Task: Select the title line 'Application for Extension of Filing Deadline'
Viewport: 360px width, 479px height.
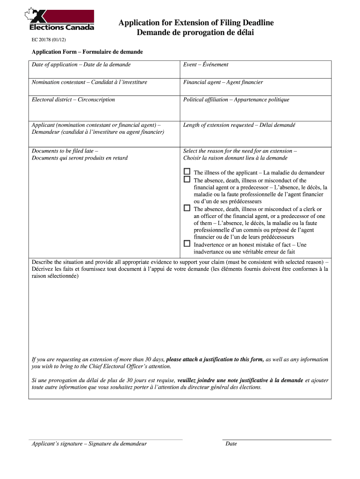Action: tap(196, 23)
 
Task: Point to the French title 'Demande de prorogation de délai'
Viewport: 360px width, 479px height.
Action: tap(195, 32)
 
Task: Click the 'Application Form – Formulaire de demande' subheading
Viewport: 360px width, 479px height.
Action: tap(87, 52)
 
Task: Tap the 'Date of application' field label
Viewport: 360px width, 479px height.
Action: tap(81, 65)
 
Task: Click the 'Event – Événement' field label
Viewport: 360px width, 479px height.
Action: tap(206, 65)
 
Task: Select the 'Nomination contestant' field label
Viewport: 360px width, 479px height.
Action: tap(89, 82)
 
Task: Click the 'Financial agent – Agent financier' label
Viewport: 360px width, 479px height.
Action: tap(223, 82)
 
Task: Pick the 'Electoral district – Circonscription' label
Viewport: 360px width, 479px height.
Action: tap(73, 100)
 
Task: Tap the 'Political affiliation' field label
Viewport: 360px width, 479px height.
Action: tap(236, 100)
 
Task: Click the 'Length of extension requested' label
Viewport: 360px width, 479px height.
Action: tap(239, 125)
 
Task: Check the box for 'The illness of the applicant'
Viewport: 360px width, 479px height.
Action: tap(187, 172)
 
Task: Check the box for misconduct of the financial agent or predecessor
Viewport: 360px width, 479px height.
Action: tap(187, 179)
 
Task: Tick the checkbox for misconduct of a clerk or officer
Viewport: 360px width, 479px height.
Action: tap(187, 208)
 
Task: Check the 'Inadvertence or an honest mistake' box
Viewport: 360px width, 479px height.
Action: tap(187, 244)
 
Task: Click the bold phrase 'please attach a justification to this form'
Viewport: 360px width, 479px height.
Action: tap(215, 360)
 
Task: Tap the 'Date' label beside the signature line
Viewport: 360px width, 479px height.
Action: tap(231, 443)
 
